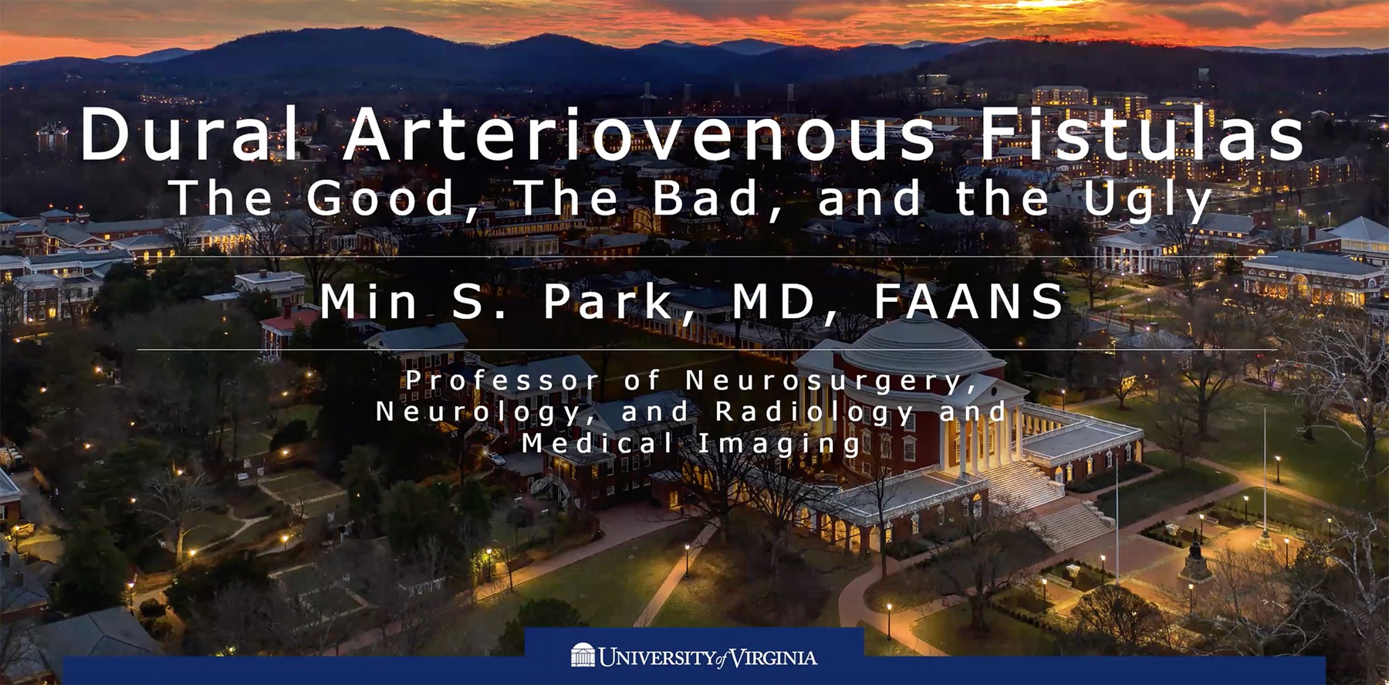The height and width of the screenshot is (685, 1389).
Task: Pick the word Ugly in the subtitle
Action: click(x=1147, y=201)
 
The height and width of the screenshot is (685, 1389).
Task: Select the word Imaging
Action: click(x=779, y=445)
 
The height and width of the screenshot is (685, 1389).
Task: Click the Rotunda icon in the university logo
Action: click(x=583, y=655)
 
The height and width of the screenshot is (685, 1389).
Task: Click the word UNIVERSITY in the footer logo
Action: click(x=656, y=658)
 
